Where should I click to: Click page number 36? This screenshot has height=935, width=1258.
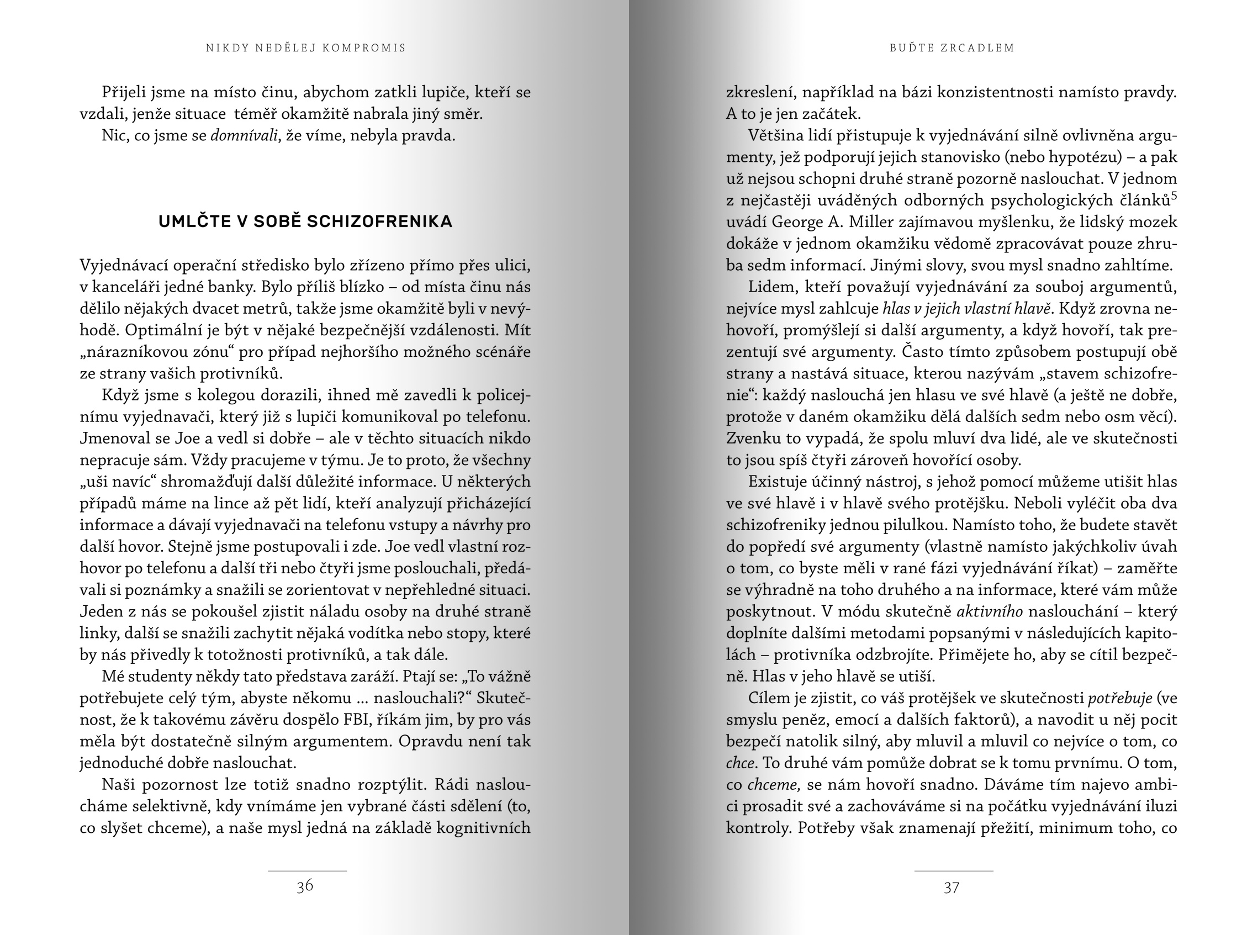tap(305, 886)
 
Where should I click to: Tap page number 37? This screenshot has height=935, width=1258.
tap(952, 888)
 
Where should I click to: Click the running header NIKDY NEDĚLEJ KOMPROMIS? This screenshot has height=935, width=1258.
tap(306, 48)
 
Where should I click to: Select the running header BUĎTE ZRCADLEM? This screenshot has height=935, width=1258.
tap(952, 48)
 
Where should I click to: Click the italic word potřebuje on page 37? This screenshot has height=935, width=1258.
tap(1119, 699)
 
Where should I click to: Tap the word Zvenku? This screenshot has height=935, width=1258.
tap(752, 439)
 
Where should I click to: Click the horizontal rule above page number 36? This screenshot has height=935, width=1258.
tap(306, 871)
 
